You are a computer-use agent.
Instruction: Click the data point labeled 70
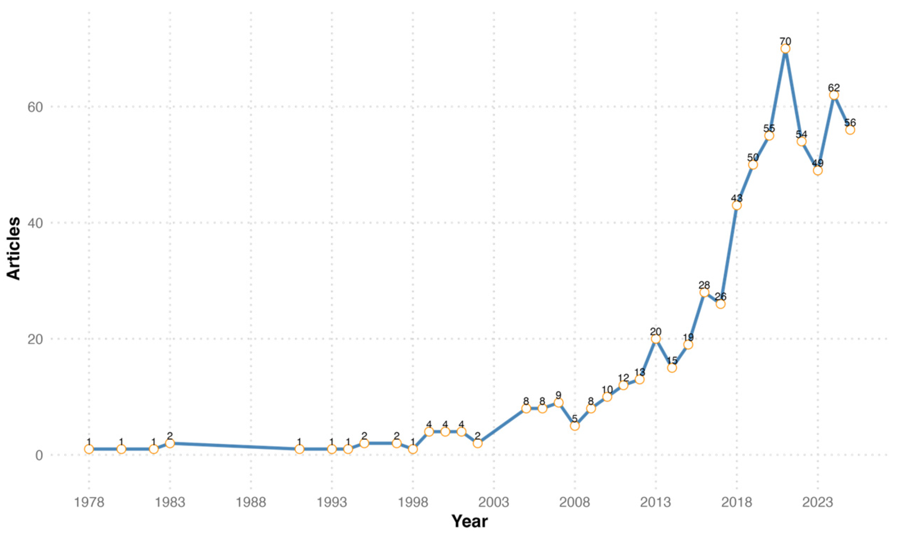click(785, 49)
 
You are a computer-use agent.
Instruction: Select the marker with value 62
click(834, 95)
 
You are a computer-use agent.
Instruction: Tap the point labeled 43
click(736, 205)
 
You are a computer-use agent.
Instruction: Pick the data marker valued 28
click(704, 292)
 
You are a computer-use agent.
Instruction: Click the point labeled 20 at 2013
click(655, 339)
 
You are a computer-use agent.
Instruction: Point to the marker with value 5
click(574, 426)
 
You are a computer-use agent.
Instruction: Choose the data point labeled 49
click(817, 170)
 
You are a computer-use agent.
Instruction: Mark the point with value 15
click(672, 368)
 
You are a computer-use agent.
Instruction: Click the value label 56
click(850, 123)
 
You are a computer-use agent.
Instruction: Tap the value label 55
click(769, 128)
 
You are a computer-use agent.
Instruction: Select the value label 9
click(558, 395)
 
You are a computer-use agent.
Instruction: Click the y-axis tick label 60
click(35, 107)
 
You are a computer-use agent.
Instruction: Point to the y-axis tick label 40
click(35, 223)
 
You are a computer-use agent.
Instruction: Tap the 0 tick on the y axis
click(39, 455)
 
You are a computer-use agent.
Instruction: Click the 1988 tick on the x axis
click(250, 502)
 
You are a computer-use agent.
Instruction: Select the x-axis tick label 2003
click(493, 502)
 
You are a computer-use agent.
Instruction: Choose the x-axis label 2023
click(817, 502)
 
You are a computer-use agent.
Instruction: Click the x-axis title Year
click(469, 521)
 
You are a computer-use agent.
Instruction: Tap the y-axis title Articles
click(13, 248)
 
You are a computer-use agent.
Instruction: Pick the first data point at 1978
click(89, 449)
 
